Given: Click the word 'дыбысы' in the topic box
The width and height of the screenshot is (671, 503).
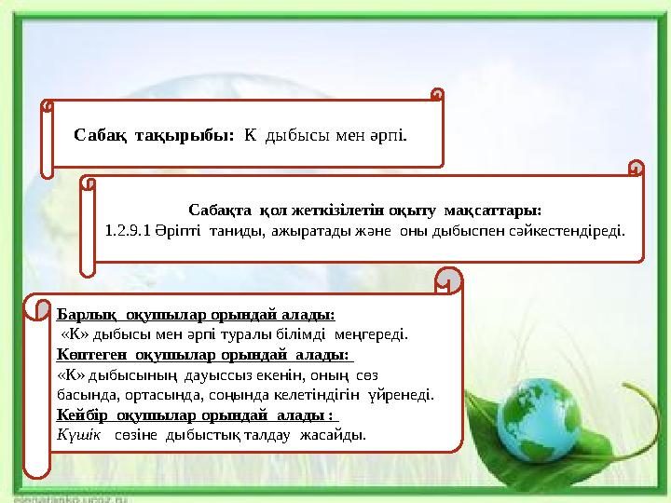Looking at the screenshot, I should click(294, 136).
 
